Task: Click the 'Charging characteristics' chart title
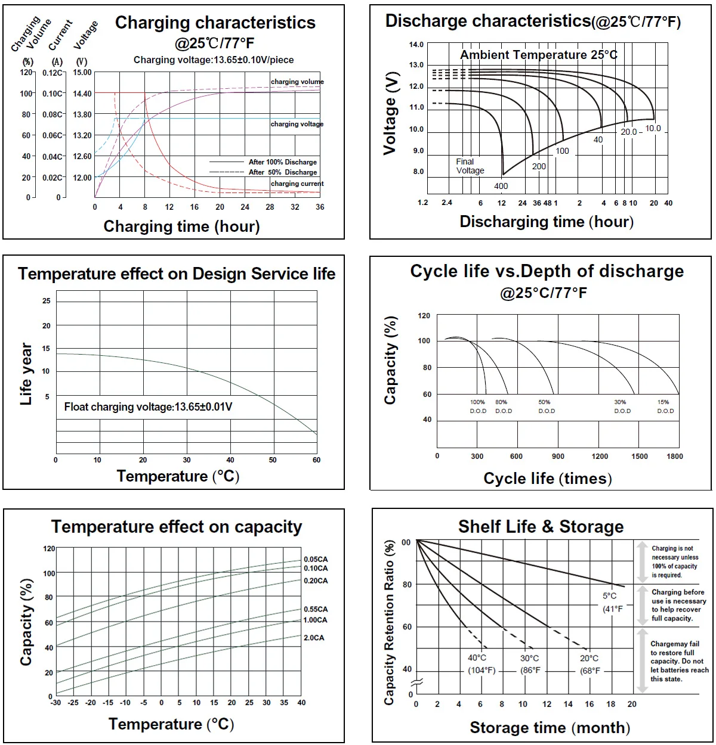[x=215, y=23]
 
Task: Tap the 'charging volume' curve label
[x=297, y=82]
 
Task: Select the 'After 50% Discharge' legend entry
[x=283, y=172]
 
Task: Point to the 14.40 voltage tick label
[x=82, y=94]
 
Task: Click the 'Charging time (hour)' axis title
[x=181, y=226]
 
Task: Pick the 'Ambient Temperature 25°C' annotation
[x=539, y=55]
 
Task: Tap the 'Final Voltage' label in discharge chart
[x=470, y=166]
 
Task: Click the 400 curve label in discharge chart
[x=501, y=186]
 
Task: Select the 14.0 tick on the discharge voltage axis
[x=416, y=45]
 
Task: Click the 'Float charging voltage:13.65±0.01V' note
[x=148, y=407]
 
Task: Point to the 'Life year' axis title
[x=26, y=374]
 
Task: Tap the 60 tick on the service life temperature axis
[x=316, y=460]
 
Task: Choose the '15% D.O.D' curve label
[x=665, y=406]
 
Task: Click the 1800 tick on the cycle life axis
[x=675, y=457]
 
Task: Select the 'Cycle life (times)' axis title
[x=547, y=479]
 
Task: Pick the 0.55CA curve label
[x=316, y=609]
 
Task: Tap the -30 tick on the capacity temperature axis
[x=55, y=703]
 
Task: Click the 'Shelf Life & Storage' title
[x=541, y=527]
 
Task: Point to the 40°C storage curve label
[x=477, y=658]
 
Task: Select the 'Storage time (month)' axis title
[x=550, y=728]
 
